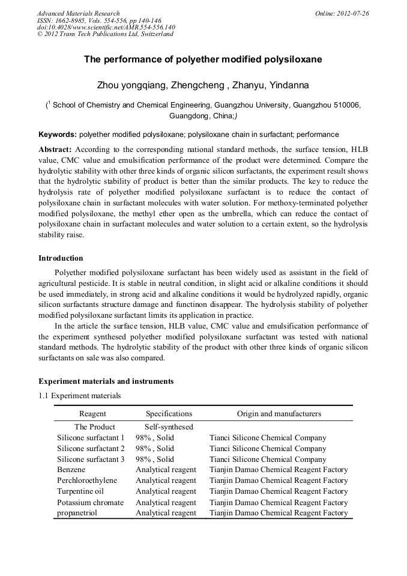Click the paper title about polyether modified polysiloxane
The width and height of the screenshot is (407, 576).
click(x=203, y=59)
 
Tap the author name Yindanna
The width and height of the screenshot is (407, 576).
click(x=288, y=85)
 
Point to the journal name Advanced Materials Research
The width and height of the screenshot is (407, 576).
click(x=78, y=13)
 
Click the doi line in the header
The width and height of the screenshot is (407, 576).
click(x=106, y=27)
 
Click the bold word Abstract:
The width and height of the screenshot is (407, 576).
click(x=55, y=149)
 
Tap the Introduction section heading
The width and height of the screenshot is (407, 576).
click(x=61, y=258)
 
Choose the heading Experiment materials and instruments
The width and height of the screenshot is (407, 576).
click(x=106, y=381)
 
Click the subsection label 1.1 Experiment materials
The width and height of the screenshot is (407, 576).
click(x=79, y=396)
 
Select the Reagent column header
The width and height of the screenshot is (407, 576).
click(x=92, y=414)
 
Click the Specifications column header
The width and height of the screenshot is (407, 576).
click(x=169, y=414)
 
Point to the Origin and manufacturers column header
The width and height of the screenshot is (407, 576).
click(x=279, y=414)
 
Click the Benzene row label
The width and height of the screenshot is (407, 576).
click(x=71, y=470)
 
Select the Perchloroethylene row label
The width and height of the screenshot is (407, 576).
click(x=87, y=481)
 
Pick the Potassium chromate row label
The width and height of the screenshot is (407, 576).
click(x=90, y=502)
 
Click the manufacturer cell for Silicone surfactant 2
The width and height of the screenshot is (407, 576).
click(x=268, y=449)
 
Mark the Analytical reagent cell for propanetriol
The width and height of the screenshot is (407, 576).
click(x=166, y=513)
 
